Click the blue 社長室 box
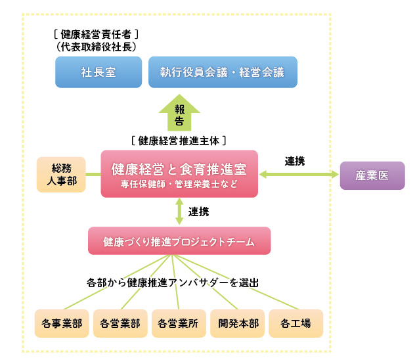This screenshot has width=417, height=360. pos(99,72)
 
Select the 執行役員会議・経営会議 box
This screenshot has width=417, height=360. pos(223,72)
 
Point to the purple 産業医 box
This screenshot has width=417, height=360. pos(372,175)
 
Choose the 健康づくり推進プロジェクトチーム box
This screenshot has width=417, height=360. pos(179,240)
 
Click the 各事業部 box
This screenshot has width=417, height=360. pos(61,323)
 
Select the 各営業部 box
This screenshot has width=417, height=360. pos(120,323)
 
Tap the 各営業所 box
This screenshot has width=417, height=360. pos(179,323)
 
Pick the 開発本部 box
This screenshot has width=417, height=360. pos(238,323)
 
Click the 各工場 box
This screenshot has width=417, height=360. pos(296,323)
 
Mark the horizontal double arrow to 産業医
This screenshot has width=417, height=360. pos(298,175)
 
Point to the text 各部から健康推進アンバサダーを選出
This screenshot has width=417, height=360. pos(173,282)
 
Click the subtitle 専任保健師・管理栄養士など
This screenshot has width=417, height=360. pos(179,184)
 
